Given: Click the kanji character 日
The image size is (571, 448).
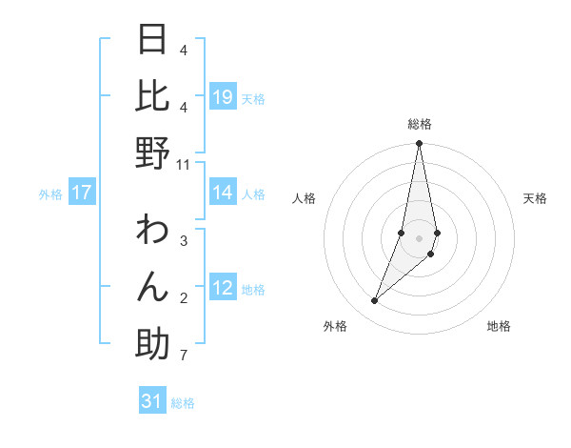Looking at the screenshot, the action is [152, 40].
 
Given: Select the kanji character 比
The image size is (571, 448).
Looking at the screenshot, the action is [152, 96].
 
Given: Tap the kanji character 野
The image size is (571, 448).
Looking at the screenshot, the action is [152, 153].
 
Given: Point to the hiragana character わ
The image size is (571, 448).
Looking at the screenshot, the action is [152, 231].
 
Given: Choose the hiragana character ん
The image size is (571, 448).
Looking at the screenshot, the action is [152, 287].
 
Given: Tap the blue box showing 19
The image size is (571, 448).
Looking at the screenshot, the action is [223, 96].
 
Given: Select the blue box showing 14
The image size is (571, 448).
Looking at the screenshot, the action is [223, 193].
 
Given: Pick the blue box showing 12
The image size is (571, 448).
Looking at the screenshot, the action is [223, 287].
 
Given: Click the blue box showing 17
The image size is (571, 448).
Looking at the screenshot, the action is [82, 193].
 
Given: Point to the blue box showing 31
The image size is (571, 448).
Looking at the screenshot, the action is [152, 401].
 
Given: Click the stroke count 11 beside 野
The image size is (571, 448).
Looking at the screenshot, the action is [184, 165].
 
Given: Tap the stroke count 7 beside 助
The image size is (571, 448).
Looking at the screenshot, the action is [183, 356].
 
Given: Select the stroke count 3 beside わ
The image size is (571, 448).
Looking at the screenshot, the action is [183, 242].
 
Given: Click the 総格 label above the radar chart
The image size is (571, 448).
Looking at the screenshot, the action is [420, 124].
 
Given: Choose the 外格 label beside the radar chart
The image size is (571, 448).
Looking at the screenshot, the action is [335, 326].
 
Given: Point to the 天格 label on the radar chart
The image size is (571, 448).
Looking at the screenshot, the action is [536, 198].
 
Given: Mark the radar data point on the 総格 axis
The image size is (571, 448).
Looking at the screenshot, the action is [419, 144].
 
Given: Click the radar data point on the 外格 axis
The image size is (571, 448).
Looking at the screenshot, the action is [375, 301].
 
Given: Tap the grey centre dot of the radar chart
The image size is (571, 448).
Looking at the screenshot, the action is [419, 238].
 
